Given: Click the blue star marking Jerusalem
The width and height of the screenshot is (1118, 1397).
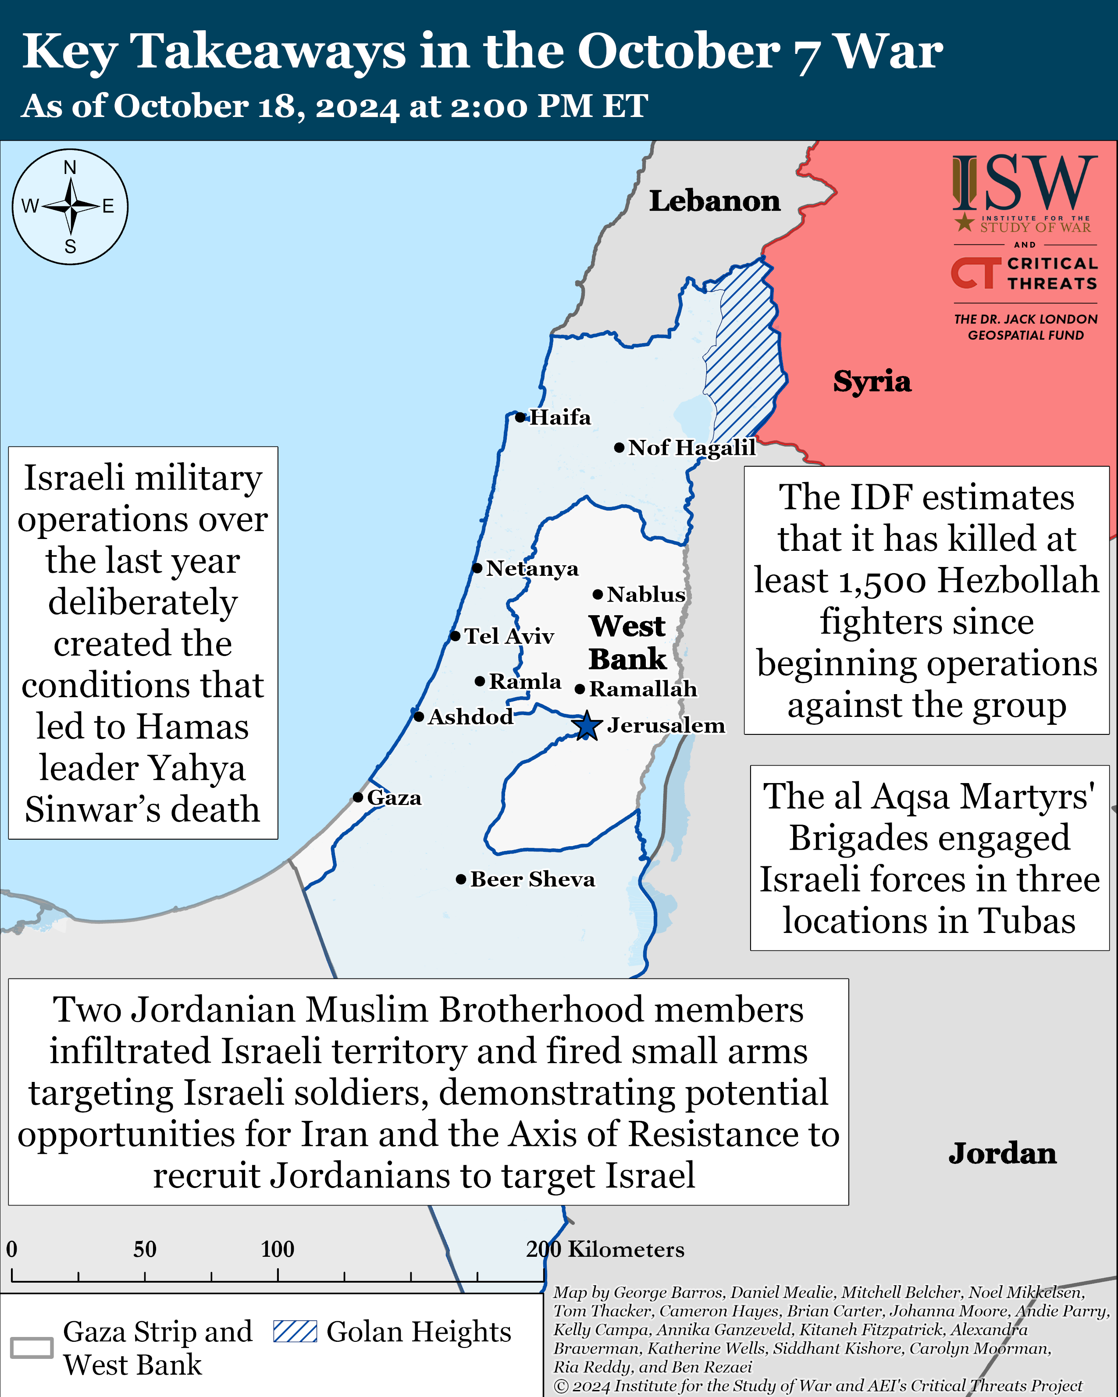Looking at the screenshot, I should [x=587, y=726].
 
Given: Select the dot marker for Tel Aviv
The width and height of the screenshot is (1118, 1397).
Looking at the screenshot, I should [x=455, y=636].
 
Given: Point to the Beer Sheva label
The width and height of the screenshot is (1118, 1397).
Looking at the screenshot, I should [x=533, y=879].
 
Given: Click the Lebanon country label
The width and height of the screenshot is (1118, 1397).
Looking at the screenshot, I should [x=715, y=201].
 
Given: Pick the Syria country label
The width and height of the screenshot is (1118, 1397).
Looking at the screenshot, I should [x=872, y=381].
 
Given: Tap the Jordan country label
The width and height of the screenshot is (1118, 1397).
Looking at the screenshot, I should [x=1002, y=1153].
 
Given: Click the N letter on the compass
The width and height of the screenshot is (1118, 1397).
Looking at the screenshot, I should [x=70, y=168].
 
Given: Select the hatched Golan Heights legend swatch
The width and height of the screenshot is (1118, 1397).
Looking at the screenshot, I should [x=295, y=1332].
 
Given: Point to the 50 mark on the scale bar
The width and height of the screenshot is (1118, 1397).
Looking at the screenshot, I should [x=145, y=1249].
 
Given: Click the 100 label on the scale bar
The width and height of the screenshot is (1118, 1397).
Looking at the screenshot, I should [x=278, y=1249].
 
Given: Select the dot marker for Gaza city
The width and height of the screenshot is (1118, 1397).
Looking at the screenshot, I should [x=358, y=797].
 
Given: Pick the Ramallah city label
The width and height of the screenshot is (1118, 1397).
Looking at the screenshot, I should [x=643, y=689].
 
